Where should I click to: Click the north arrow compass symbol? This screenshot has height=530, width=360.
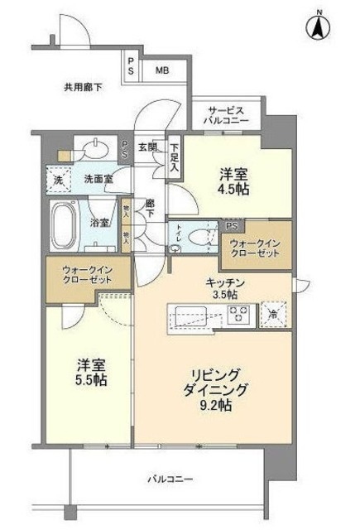click(316, 27)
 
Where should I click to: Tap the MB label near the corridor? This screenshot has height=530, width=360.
click(163, 71)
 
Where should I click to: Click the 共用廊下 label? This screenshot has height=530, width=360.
click(83, 86)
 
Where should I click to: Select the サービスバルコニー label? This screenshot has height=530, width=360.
click(224, 114)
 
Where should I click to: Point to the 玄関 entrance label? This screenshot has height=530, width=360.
click(146, 147)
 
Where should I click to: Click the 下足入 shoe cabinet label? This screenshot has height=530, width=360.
click(174, 156)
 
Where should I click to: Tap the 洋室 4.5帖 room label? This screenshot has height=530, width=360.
click(233, 182)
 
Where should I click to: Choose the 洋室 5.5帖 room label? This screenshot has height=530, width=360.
click(91, 372)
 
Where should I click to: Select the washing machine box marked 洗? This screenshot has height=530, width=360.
click(58, 180)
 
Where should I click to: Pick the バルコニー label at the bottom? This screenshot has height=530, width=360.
click(171, 479)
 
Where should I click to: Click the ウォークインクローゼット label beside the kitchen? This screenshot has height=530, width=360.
click(256, 249)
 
